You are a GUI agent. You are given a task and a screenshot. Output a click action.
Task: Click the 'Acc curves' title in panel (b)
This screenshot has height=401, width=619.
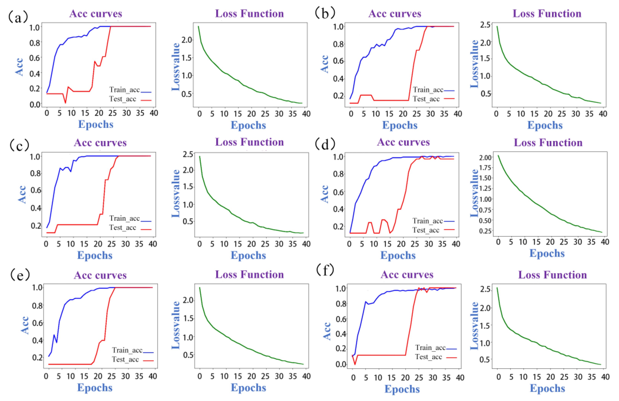[395, 14]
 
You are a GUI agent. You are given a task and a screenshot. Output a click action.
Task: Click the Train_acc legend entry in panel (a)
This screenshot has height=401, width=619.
[130, 90]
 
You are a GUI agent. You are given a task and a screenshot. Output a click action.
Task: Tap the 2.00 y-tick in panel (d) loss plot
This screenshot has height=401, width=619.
[485, 158]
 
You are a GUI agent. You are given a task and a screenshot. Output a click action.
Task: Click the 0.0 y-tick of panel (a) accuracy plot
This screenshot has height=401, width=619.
[35, 105]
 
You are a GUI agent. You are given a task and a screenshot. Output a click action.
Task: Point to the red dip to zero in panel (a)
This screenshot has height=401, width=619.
[65, 103]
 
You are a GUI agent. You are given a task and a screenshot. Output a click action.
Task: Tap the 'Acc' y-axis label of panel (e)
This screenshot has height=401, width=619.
[25, 325]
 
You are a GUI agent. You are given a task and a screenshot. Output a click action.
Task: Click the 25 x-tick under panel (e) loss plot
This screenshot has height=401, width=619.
[265, 376]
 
